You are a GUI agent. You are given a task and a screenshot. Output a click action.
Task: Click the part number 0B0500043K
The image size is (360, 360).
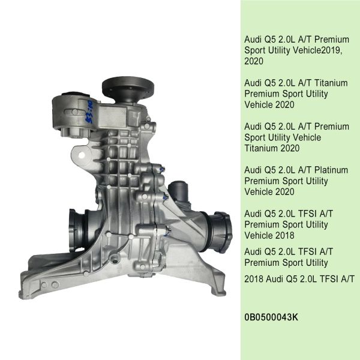coord(271,317)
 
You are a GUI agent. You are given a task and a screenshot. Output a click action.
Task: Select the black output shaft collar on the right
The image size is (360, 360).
coord(220,232)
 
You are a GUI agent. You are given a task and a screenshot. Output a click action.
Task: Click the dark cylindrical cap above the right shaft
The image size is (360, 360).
coord(178,191)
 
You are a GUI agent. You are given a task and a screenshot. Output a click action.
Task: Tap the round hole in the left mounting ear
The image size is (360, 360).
coord(82,155)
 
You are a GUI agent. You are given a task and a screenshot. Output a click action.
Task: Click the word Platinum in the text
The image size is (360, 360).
coord(331,170)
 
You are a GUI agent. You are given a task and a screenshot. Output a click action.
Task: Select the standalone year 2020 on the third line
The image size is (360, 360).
coord(254,61)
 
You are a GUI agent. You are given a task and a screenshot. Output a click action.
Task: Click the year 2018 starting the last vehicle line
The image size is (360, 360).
coord(254,279)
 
